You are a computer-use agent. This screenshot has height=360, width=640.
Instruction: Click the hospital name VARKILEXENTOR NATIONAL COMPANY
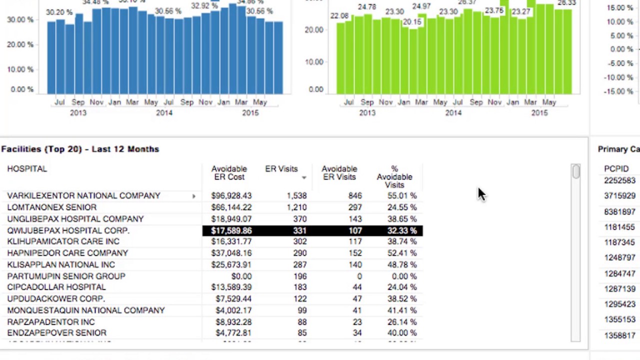pos(83,196)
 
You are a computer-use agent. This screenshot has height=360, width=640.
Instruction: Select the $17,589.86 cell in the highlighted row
pos(231,230)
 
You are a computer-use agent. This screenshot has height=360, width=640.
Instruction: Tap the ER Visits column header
pos(281,169)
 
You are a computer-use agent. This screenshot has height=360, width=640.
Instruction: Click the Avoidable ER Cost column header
pos(229,173)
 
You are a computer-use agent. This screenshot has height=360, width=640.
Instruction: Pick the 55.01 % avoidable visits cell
pos(401,196)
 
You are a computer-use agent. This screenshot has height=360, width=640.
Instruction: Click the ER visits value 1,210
pos(296,207)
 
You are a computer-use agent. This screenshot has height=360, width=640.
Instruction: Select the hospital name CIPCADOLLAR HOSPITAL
pos(56,287)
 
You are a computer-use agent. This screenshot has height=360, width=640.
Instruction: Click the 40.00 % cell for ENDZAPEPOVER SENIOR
pos(401,333)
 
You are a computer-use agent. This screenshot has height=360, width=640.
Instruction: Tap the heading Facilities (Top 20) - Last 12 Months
pos(80,149)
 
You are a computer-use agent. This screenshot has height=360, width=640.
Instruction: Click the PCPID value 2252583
pos(619,180)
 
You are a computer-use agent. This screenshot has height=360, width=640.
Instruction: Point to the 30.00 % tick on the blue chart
pos(20,20)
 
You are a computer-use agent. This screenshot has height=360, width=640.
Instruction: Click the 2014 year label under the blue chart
pos(164,113)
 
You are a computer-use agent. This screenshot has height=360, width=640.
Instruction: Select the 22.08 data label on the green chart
pos(339,16)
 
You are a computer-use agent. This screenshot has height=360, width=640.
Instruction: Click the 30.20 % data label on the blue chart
pos(59,12)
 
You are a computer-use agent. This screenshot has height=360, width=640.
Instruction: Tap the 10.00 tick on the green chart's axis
pos(315,62)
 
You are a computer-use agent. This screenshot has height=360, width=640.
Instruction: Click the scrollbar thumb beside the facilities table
pos(576,171)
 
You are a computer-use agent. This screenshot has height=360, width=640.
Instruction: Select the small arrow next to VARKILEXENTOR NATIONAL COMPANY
pos(194,196)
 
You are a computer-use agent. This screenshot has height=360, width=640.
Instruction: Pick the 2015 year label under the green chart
pos(539,113)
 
